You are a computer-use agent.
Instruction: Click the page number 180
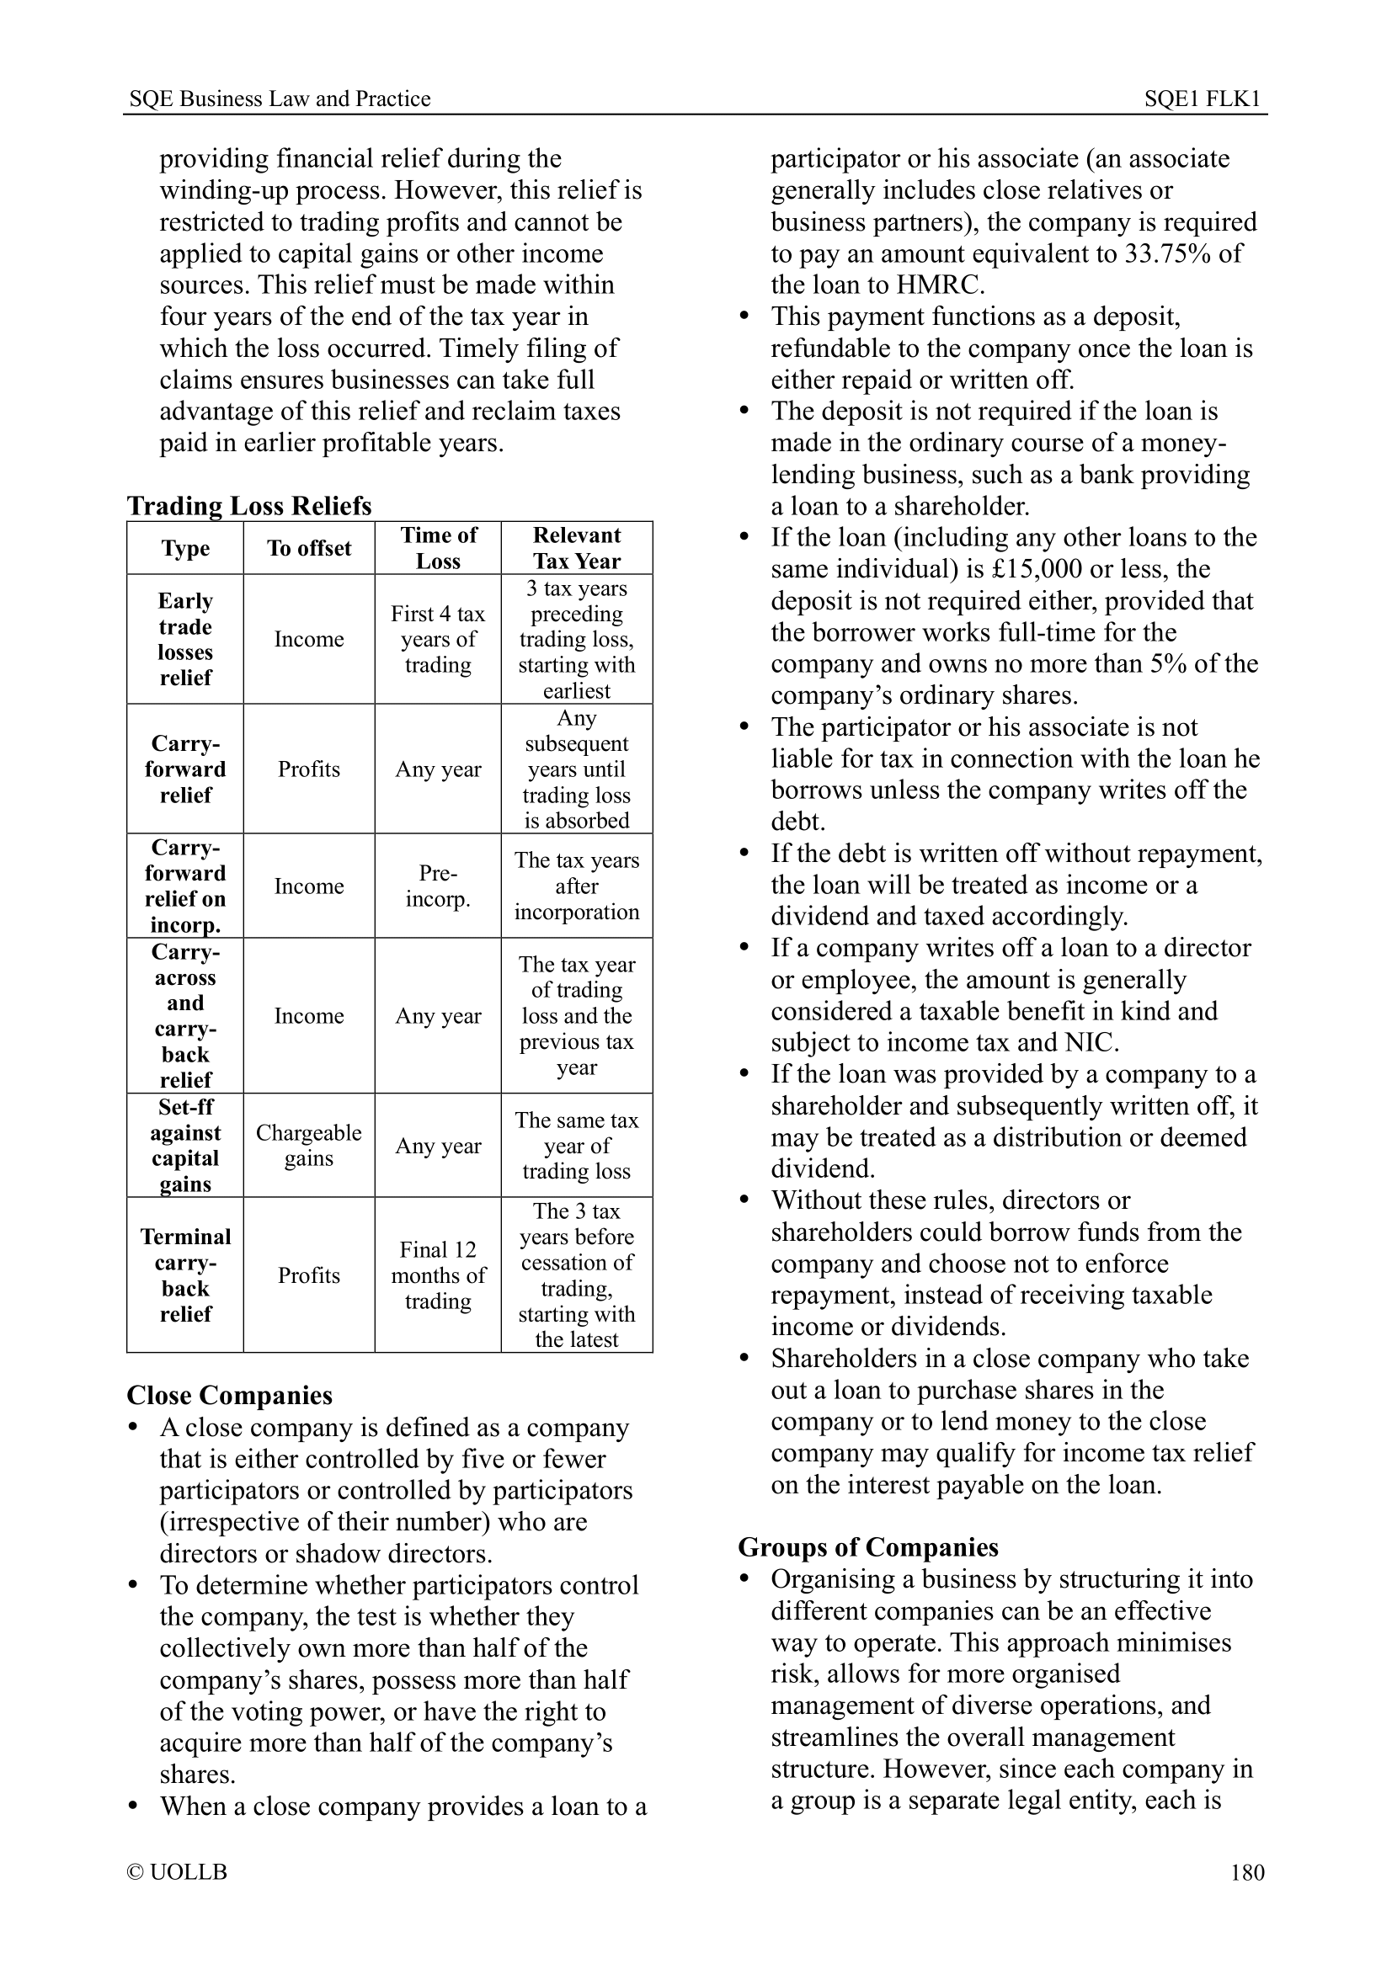(x=1247, y=1872)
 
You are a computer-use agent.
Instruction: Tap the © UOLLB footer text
(x=177, y=1872)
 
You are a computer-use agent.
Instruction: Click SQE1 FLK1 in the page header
(x=1202, y=98)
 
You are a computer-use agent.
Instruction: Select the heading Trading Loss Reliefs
(x=248, y=505)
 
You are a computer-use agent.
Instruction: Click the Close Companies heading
(x=229, y=1395)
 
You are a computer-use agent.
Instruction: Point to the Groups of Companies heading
(x=868, y=1547)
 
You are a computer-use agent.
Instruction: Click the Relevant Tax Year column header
(x=576, y=548)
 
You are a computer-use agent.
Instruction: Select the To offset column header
(x=309, y=548)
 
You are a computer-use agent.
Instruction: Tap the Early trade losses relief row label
(x=185, y=639)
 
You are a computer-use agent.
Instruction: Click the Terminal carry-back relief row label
(x=185, y=1275)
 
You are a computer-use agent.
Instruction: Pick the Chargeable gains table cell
(x=309, y=1146)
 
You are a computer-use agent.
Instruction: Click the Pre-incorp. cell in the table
(x=437, y=886)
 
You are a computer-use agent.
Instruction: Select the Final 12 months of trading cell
(x=437, y=1275)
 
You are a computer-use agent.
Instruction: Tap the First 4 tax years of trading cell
(x=437, y=639)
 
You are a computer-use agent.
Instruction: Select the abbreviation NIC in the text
(x=1090, y=1043)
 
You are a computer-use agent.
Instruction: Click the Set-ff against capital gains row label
(x=185, y=1146)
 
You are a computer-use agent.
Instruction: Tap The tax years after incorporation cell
(x=576, y=886)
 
